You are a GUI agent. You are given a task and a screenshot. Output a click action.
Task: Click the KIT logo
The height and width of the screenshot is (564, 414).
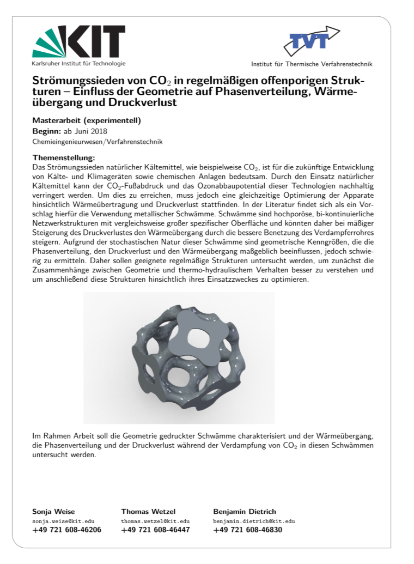coord(78,43)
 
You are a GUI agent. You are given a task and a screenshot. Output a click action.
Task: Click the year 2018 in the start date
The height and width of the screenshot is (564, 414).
coord(99,131)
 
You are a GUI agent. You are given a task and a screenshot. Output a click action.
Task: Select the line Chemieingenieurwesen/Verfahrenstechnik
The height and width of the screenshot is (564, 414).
coord(98,142)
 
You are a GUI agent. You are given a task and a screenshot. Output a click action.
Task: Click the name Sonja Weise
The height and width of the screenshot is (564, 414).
coord(54,512)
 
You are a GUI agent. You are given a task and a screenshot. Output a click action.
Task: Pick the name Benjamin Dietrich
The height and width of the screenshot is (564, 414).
coord(245,512)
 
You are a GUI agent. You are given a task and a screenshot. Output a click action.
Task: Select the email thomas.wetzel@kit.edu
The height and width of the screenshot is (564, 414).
coord(155,521)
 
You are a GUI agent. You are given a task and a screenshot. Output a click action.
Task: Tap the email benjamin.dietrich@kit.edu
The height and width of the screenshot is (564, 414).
coord(254,521)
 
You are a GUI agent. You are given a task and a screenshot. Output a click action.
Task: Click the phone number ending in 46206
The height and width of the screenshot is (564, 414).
coord(67,530)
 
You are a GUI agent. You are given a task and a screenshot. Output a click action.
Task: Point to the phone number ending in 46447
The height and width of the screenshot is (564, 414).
coord(155,530)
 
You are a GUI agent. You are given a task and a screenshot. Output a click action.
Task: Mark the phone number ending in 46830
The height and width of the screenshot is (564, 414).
coord(247,530)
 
